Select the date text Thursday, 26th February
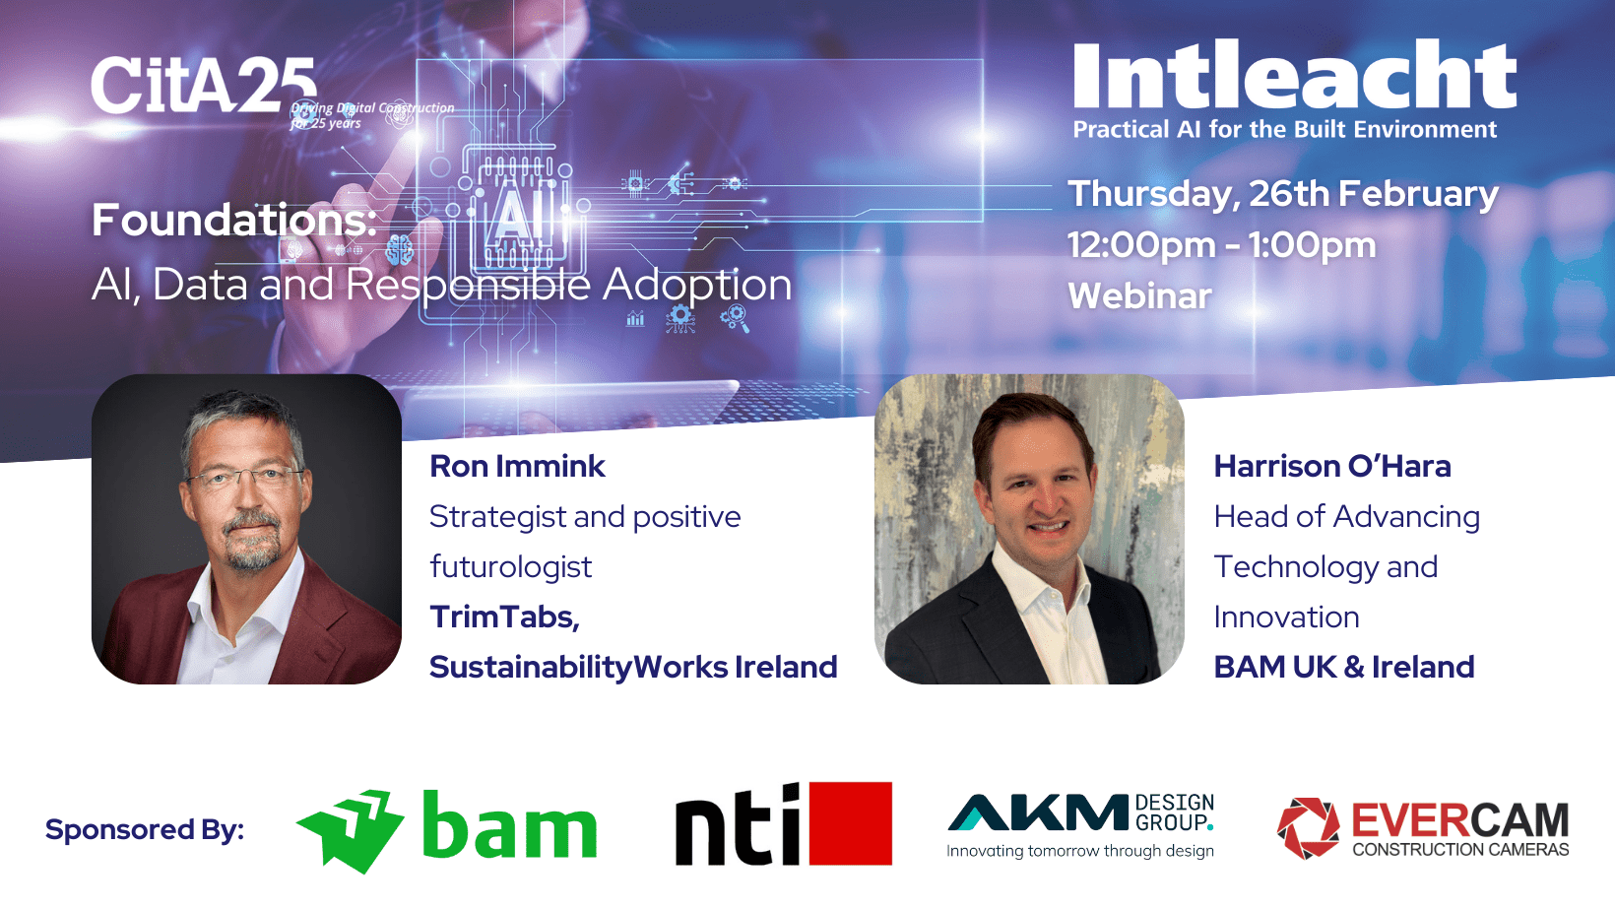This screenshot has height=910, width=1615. coord(1283,195)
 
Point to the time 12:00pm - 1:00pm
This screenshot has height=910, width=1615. coord(1222,245)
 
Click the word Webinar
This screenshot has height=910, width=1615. coord(1140,295)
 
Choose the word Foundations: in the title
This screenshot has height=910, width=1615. coord(234,220)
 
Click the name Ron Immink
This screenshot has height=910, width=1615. coord(517,467)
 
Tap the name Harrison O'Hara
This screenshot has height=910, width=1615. coord(1332,467)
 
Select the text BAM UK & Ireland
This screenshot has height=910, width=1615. coord(1344,667)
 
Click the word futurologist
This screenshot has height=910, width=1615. coord(510,566)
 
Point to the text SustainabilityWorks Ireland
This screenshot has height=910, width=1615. coord(633,668)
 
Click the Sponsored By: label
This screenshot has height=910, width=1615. coord(145,830)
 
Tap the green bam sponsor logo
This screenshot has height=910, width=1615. coord(446,830)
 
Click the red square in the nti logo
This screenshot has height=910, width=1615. coord(851,823)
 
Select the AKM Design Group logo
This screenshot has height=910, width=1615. coord(1080,825)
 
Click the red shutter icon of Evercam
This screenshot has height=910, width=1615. coord(1308,828)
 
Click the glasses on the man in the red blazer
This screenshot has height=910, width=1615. coord(245,477)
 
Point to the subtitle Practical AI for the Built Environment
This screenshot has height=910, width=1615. coord(1285,129)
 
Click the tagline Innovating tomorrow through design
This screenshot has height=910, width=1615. coord(1080,851)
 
